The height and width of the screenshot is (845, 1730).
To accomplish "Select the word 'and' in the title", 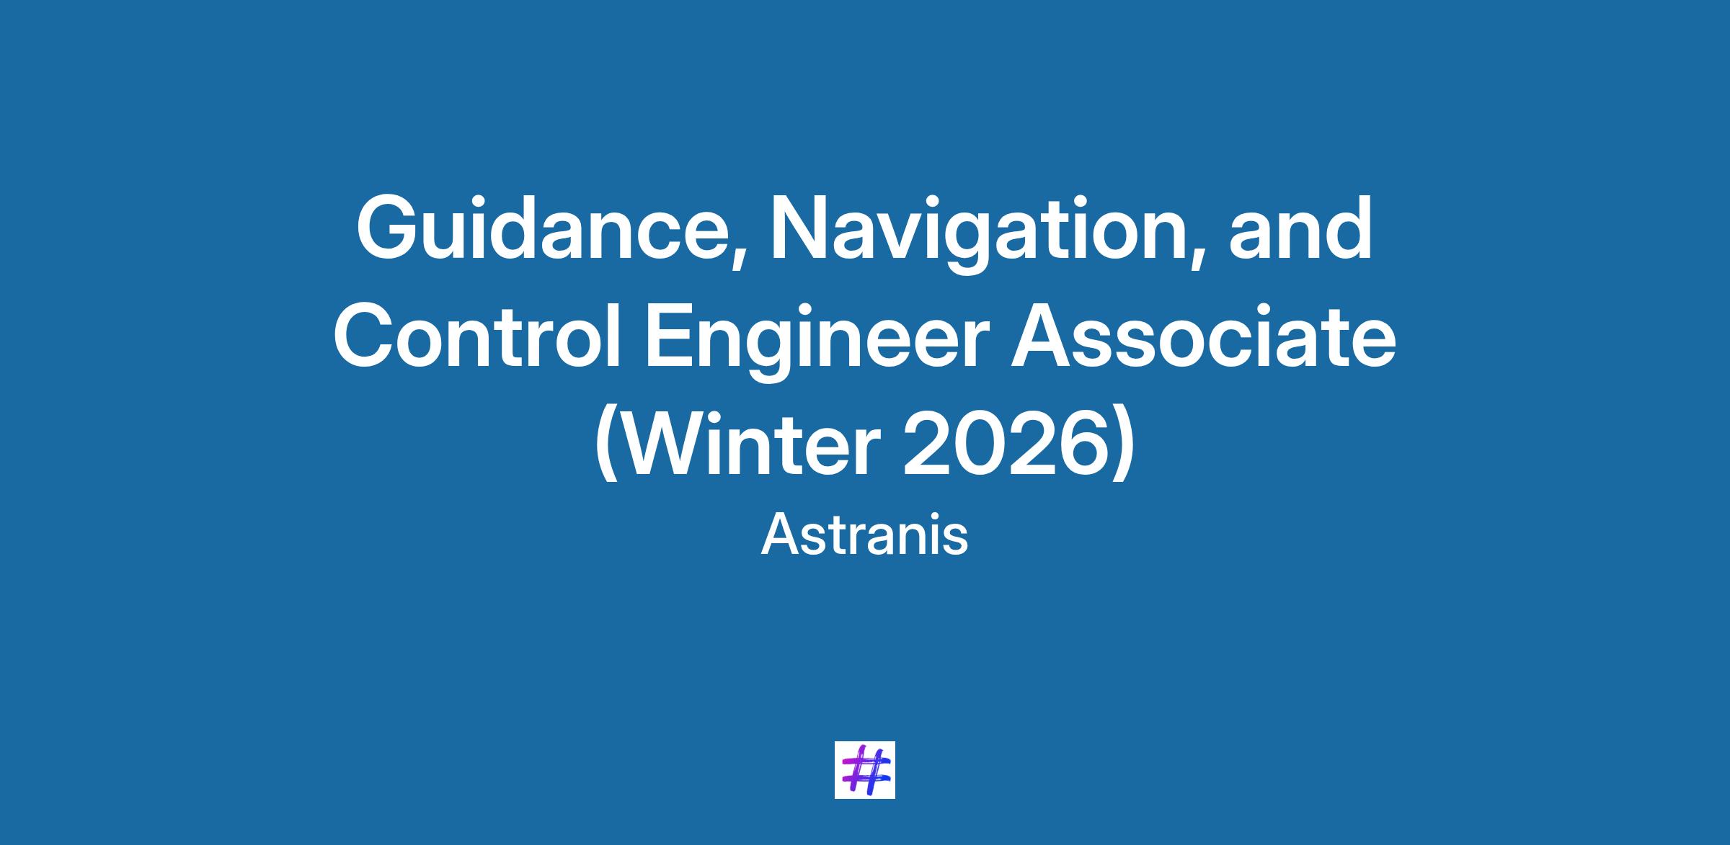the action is pyautogui.click(x=1300, y=228).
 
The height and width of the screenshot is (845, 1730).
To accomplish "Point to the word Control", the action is pyautogui.click(x=476, y=336).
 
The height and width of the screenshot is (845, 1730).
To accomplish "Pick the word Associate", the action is pyautogui.click(x=1203, y=336).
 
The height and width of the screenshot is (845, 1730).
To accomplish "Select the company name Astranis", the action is pyautogui.click(x=864, y=535).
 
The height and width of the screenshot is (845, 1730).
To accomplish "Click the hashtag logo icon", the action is pyautogui.click(x=864, y=769).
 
